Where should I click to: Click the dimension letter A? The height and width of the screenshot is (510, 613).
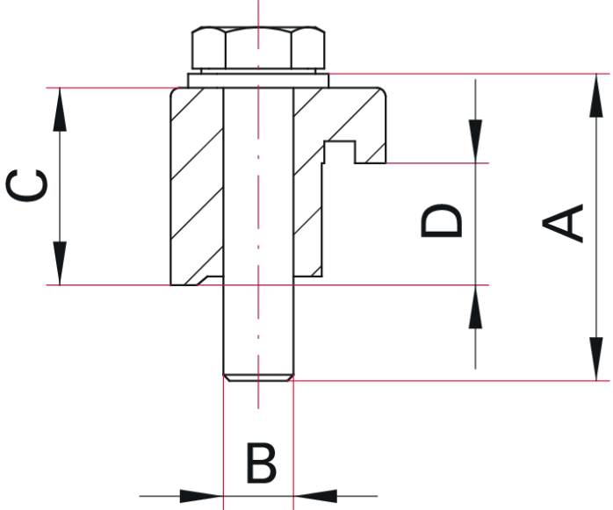point(563,223)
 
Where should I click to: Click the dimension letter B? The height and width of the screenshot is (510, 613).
point(262,463)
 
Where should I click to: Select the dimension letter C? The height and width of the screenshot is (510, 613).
point(26,185)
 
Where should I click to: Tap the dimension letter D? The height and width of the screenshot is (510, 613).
point(442,220)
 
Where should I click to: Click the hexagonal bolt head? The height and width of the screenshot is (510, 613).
point(258,48)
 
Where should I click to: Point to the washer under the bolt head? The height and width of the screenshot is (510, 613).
point(258,81)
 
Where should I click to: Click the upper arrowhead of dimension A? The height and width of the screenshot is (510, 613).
point(596,96)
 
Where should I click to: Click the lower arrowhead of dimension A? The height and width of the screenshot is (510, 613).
point(596,359)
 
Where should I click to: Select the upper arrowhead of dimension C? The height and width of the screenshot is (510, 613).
point(60,110)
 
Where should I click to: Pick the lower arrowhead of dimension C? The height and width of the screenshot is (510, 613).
point(60,263)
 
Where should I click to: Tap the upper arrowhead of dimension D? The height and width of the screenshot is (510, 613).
point(475,141)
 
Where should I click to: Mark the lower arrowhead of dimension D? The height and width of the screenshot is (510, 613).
point(475,306)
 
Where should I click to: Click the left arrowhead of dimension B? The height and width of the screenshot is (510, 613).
point(201,496)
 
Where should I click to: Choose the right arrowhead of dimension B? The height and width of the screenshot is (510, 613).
point(315,496)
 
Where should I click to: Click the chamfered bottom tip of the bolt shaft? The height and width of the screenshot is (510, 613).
point(258,378)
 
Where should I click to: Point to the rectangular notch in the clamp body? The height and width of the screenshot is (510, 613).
point(339,153)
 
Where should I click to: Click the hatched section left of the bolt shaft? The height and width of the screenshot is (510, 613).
point(197,186)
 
